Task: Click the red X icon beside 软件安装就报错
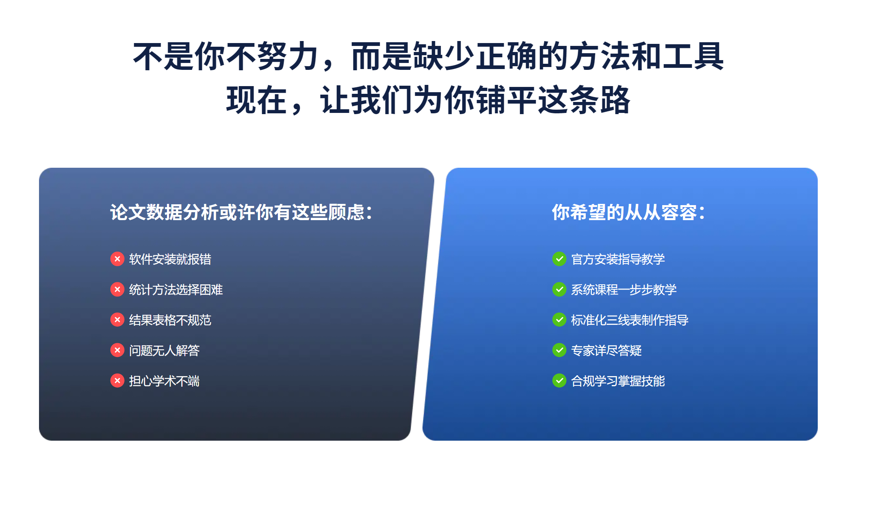click(117, 259)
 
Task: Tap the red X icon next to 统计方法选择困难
click(117, 289)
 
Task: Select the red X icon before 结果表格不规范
click(117, 320)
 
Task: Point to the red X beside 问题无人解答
click(117, 350)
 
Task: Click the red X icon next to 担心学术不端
click(117, 381)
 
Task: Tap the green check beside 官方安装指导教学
click(559, 259)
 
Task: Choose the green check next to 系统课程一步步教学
click(559, 289)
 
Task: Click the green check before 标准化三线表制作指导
click(559, 320)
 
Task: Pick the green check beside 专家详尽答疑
click(559, 350)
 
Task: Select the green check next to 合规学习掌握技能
click(559, 381)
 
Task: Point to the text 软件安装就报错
click(170, 259)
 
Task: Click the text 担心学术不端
click(165, 381)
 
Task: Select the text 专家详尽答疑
click(607, 351)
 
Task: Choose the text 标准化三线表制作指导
click(630, 320)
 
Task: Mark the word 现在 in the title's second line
click(256, 100)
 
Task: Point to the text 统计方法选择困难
click(176, 290)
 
